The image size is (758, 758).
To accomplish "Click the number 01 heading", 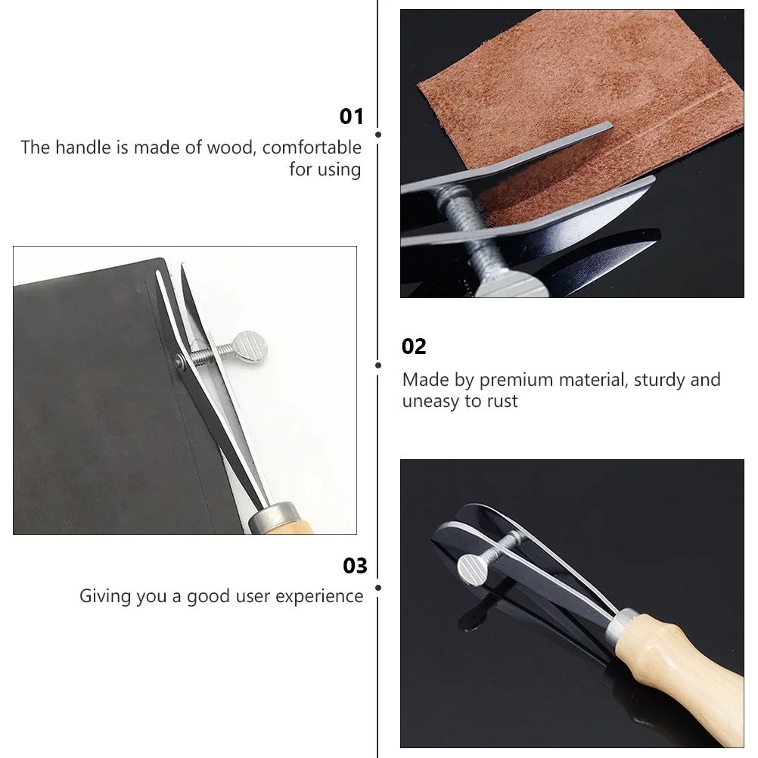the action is (x=351, y=116).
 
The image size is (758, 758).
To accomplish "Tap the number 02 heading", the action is (x=414, y=346).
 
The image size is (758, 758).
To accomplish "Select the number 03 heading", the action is (x=355, y=566).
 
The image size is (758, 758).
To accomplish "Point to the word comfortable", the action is (x=312, y=148).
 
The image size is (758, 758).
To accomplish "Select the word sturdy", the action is (x=660, y=381).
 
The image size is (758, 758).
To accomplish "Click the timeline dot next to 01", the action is (x=378, y=135).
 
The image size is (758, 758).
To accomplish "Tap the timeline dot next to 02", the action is (x=378, y=365).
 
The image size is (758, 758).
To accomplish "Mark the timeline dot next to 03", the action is (x=378, y=588).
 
